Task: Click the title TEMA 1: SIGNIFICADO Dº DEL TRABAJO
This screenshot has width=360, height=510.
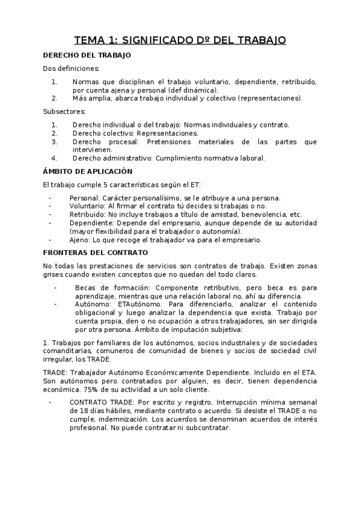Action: tap(180, 40)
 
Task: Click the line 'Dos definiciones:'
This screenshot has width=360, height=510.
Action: tap(66, 69)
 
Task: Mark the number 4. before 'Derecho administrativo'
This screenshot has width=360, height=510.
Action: tap(54, 158)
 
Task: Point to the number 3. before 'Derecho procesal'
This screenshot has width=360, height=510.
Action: tap(54, 142)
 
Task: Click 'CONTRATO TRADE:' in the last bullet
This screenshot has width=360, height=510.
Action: tap(99, 402)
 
